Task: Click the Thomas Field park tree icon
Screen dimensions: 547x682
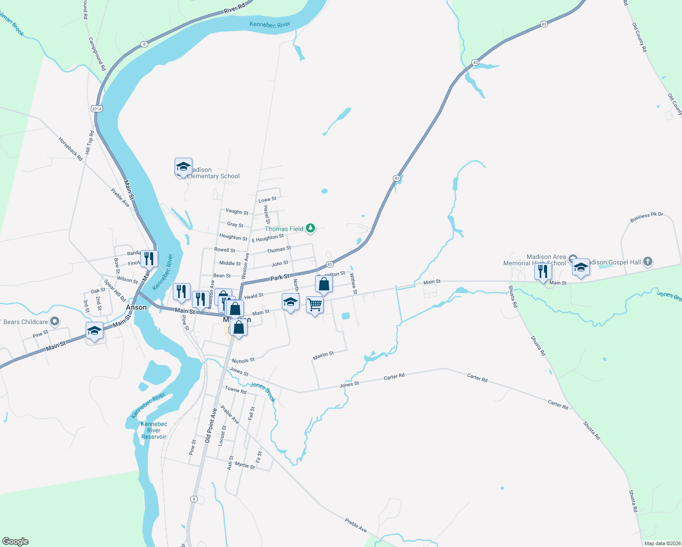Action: pos(310,228)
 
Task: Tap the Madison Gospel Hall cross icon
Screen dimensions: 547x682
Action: pos(648,262)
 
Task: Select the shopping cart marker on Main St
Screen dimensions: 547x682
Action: pos(315,304)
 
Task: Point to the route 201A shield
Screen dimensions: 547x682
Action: pos(97,108)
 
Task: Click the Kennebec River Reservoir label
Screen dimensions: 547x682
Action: pos(154,430)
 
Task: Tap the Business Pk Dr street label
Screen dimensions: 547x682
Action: pos(646,217)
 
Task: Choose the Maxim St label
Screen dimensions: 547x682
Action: pos(324,355)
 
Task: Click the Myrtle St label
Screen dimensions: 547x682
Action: pos(245,465)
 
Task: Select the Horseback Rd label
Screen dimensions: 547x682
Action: pos(71,149)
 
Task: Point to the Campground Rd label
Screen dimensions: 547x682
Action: pos(97,54)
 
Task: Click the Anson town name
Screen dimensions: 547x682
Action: pos(136,307)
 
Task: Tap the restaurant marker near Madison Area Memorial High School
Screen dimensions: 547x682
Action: pos(542,271)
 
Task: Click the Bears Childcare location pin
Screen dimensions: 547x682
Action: pos(55,321)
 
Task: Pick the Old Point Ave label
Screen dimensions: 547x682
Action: pos(211,426)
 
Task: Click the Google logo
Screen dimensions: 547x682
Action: pos(15,542)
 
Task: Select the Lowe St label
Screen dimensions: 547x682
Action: pos(267,200)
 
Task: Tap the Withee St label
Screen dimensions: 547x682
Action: pos(353,283)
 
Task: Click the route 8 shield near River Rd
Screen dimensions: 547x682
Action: pos(144,44)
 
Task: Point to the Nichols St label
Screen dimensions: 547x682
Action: pos(243,361)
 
